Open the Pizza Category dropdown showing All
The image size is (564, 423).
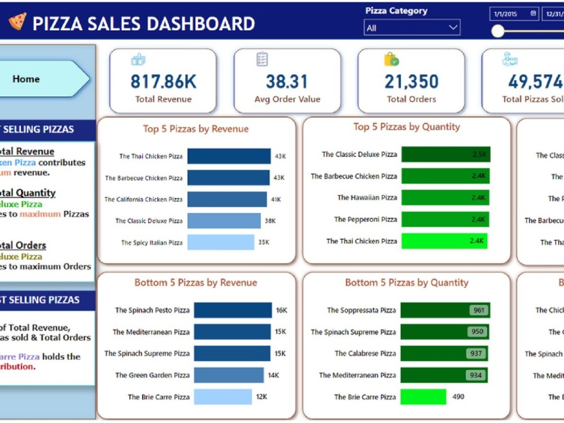412,28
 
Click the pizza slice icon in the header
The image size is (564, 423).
17,22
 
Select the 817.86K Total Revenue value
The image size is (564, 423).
163,82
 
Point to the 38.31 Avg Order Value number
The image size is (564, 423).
287,82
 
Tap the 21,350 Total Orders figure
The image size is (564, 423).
411,82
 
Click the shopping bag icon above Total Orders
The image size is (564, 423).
391,59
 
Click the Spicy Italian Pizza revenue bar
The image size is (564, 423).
221,243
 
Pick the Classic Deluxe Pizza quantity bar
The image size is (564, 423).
446,154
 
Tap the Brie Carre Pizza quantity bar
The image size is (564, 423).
423,396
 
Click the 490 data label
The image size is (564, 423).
459,396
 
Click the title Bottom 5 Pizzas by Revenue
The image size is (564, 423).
196,283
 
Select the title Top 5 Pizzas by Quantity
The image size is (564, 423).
407,127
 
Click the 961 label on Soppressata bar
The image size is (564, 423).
479,310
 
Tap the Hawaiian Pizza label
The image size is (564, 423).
367,197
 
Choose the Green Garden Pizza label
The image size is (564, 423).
152,375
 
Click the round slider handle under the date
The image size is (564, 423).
497,31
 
